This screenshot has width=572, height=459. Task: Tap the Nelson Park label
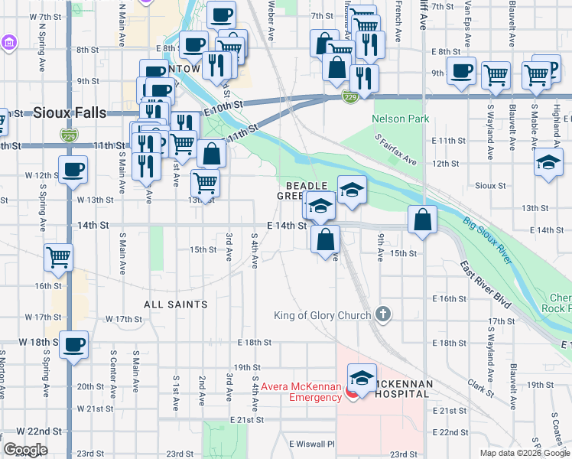[x=400, y=119]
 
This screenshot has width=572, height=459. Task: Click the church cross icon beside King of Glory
[x=384, y=314]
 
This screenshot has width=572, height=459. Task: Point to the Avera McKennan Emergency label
[x=301, y=392]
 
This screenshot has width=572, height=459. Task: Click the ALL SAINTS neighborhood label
[x=176, y=304]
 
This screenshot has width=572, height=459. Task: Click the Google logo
[x=25, y=450]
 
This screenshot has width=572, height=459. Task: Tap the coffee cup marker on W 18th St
[x=74, y=344]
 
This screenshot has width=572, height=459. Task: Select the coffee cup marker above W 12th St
[x=74, y=170]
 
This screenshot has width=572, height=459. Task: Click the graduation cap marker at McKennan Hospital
[x=362, y=377]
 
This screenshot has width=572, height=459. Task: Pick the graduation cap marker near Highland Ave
[x=548, y=163]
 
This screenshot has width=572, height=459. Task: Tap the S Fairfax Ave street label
[x=395, y=149]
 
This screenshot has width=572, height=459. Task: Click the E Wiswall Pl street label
[x=312, y=444]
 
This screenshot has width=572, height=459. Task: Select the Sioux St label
[x=490, y=185]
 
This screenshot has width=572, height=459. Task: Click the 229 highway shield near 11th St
[x=67, y=134]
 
